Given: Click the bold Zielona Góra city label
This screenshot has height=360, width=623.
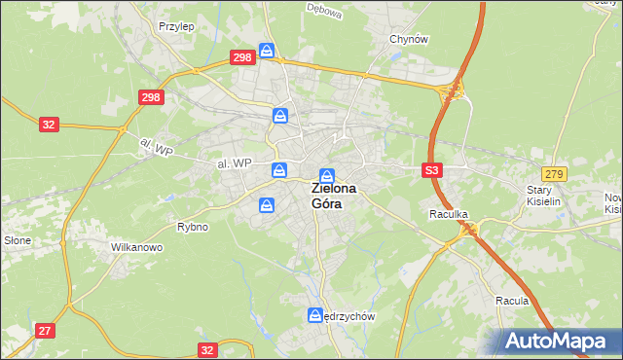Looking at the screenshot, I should pyautogui.click(x=333, y=196).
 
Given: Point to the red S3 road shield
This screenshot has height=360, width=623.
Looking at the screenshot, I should pyautogui.click(x=433, y=169).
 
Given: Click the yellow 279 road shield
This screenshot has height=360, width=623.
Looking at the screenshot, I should pyautogui.click(x=554, y=172).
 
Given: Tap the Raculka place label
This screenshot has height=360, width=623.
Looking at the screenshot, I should pyautogui.click(x=449, y=212).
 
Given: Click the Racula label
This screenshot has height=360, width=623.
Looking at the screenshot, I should pyautogui.click(x=511, y=301).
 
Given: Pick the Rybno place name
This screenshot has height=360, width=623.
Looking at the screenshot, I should pyautogui.click(x=192, y=227).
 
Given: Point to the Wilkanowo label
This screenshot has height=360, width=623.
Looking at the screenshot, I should pyautogui.click(x=135, y=248).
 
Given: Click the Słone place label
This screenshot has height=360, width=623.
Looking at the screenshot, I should pyautogui.click(x=18, y=240).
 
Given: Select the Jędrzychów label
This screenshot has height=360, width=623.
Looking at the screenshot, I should pyautogui.click(x=350, y=316).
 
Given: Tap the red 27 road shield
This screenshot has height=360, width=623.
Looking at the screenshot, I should pyautogui.click(x=45, y=331).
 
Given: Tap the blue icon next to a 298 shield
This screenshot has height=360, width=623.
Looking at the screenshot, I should pyautogui.click(x=267, y=51).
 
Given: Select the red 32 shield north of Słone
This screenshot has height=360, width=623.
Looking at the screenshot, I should pyautogui.click(x=49, y=125).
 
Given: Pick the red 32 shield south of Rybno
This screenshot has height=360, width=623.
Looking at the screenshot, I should pyautogui.click(x=206, y=348).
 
